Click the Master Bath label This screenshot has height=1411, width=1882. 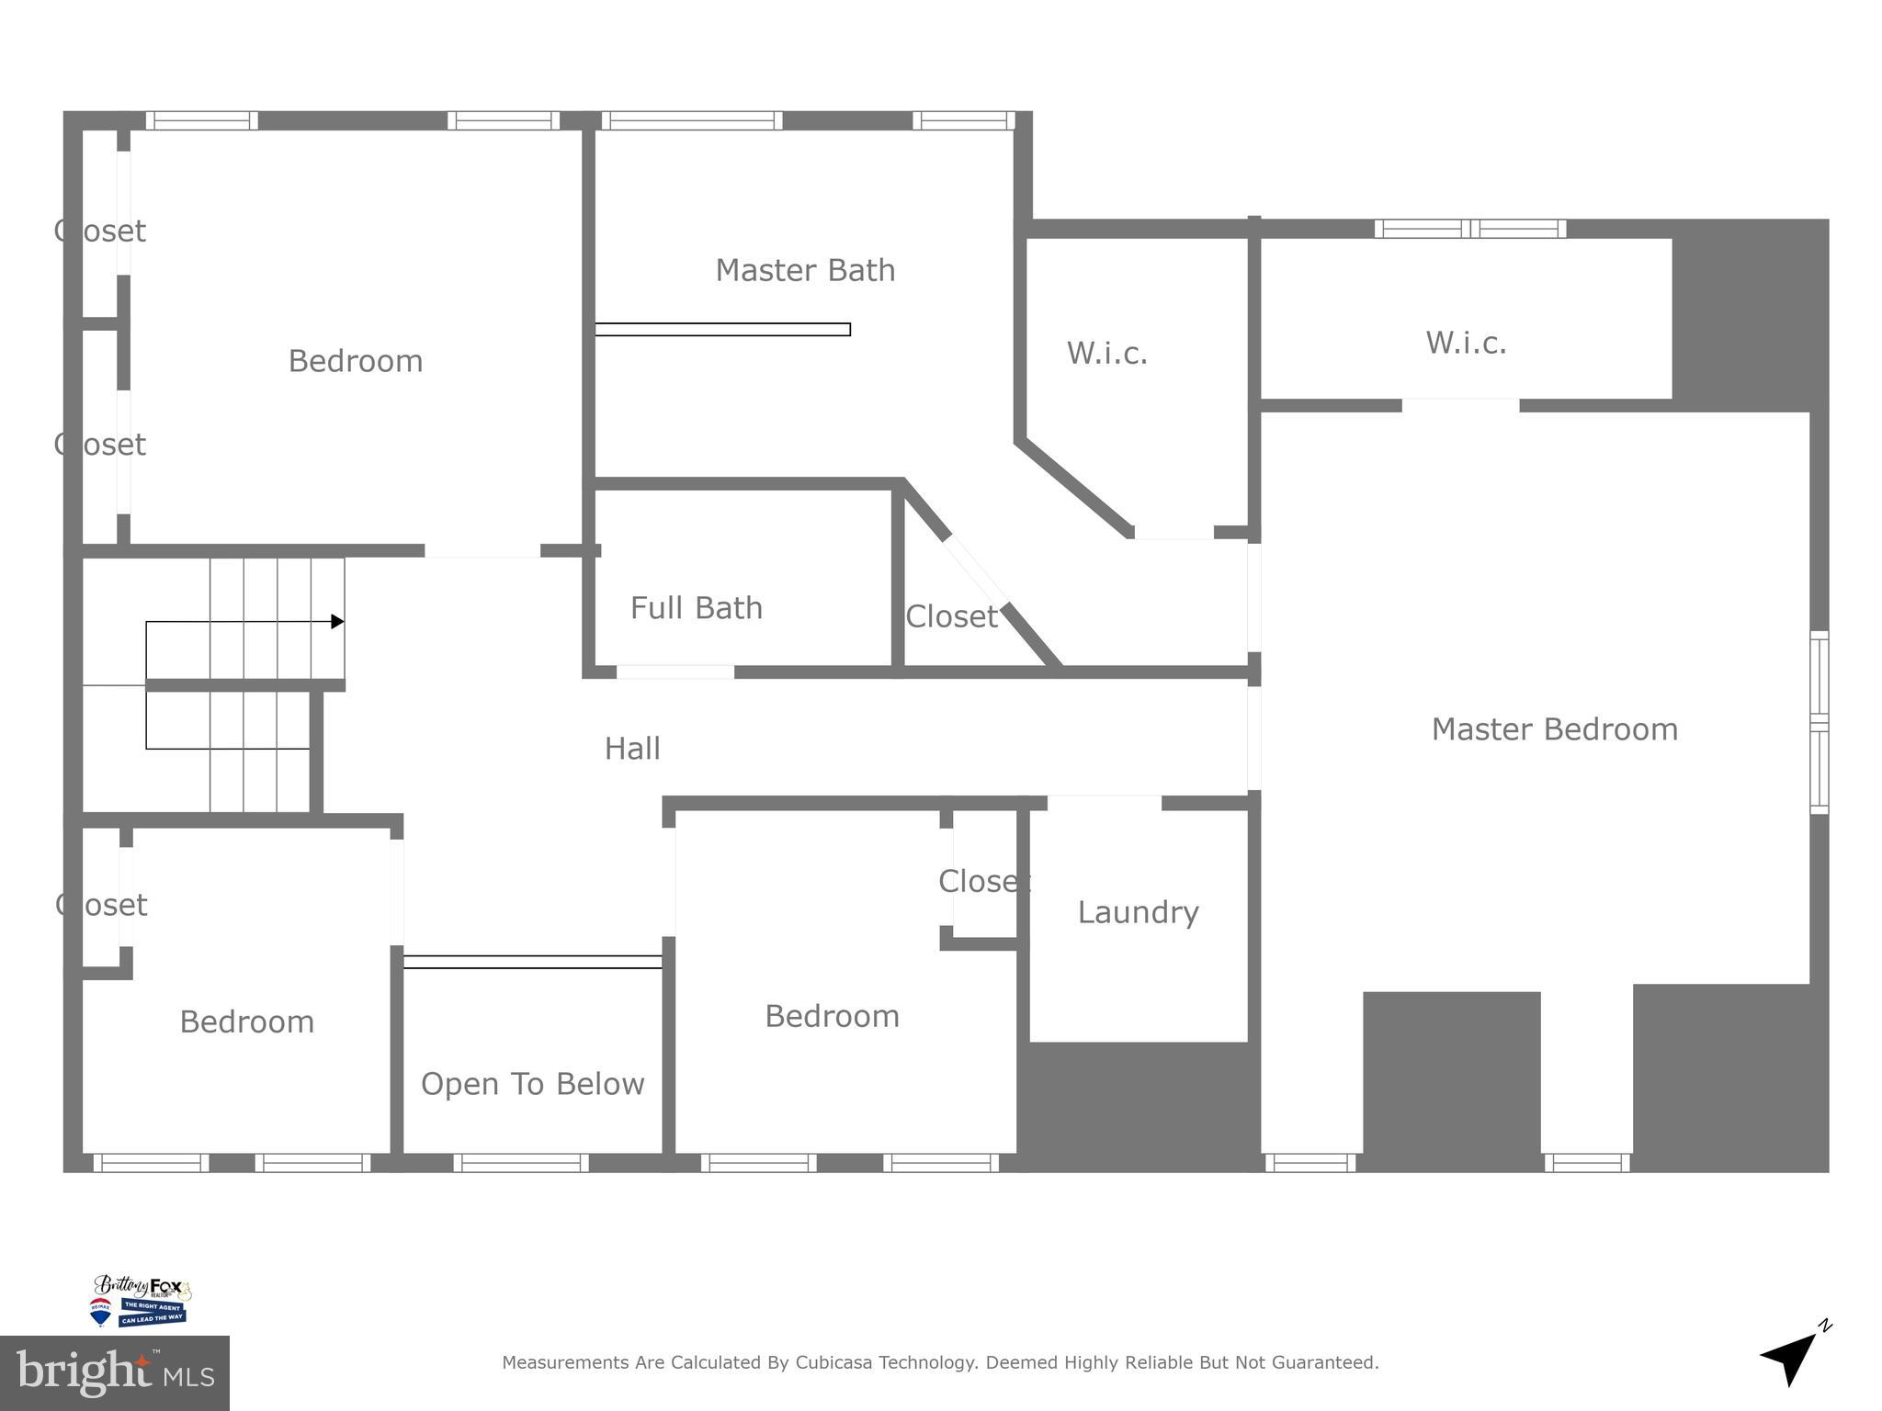pyautogui.click(x=805, y=270)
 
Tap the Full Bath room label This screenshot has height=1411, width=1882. pyautogui.click(x=696, y=608)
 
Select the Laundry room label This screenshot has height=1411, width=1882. pyautogui.click(x=1138, y=912)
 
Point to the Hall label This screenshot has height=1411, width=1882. pyautogui.click(x=631, y=749)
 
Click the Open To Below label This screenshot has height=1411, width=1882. pyautogui.click(x=532, y=1084)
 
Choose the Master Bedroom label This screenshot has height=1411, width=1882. pyautogui.click(x=1554, y=729)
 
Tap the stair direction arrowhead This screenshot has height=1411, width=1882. pyautogui.click(x=337, y=622)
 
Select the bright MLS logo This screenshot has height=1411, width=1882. pyautogui.click(x=114, y=1373)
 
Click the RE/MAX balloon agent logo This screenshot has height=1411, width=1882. pyautogui.click(x=99, y=1312)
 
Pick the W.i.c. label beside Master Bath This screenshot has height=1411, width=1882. pyautogui.click(x=1106, y=354)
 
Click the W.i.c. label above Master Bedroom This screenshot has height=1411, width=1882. pyautogui.click(x=1466, y=344)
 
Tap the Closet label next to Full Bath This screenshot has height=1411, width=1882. pyautogui.click(x=951, y=616)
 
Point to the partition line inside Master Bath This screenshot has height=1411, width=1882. pyautogui.click(x=722, y=329)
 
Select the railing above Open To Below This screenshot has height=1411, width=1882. pyautogui.click(x=532, y=962)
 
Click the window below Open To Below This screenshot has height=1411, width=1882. pyautogui.click(x=521, y=1163)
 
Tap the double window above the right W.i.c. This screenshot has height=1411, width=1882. pyautogui.click(x=1469, y=229)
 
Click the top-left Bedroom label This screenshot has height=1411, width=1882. pyautogui.click(x=355, y=361)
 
